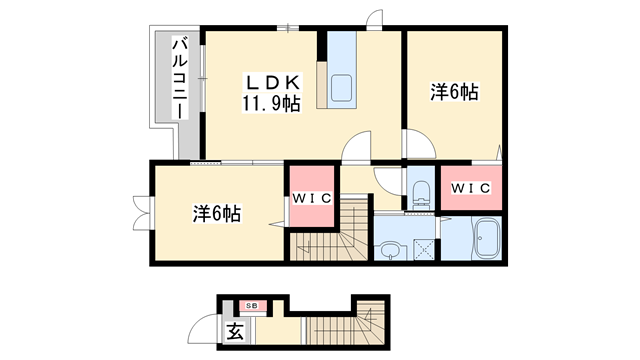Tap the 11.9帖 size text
(268, 104)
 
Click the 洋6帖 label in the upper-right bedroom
(454, 93)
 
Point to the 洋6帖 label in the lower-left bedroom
(216, 214)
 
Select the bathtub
(487, 239)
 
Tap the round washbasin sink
(389, 247)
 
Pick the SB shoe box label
(252, 305)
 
